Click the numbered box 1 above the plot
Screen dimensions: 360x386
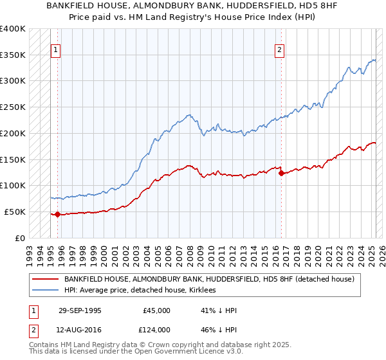click(56, 50)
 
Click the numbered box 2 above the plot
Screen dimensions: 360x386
click(280, 50)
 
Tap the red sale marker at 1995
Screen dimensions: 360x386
click(57, 214)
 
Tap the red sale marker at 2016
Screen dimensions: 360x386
click(281, 172)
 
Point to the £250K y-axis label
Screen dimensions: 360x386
click(13, 107)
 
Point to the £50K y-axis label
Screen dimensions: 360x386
click(15, 212)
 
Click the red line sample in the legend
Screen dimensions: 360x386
click(46, 280)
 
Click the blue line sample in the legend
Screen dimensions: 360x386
click(46, 291)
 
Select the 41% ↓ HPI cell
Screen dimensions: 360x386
click(219, 310)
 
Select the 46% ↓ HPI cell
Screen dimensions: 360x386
click(219, 329)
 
